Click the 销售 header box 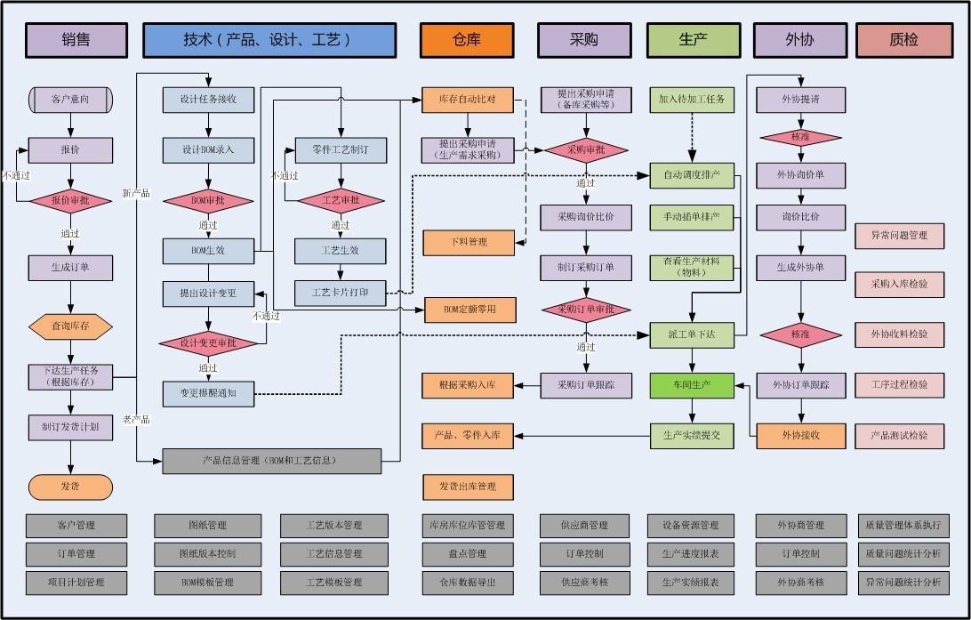click(x=76, y=40)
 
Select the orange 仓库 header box click(x=467, y=40)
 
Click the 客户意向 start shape click(x=70, y=100)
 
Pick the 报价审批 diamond click(x=70, y=201)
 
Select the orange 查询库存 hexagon click(x=70, y=327)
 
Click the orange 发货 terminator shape click(x=70, y=487)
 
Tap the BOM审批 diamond click(x=208, y=201)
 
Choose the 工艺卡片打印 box click(x=341, y=292)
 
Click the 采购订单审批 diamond click(x=586, y=310)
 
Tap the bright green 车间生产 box click(x=692, y=385)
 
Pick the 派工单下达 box click(x=692, y=334)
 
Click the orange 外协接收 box click(x=800, y=435)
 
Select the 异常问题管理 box click(x=899, y=236)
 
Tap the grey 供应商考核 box click(x=585, y=583)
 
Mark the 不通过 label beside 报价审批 click(x=17, y=176)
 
